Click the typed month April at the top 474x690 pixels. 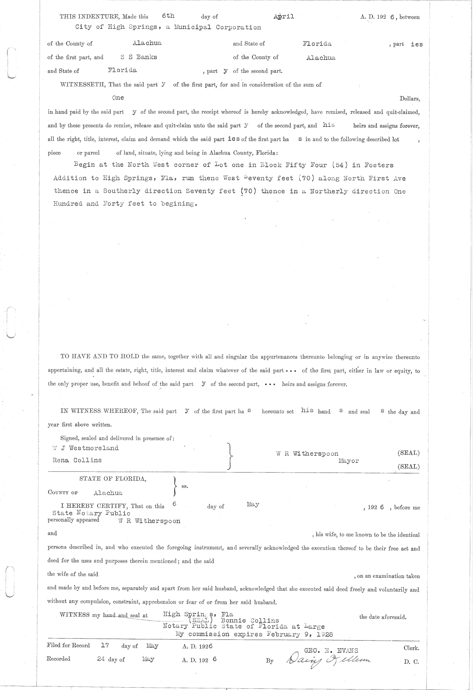284,16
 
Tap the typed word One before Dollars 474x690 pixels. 118,98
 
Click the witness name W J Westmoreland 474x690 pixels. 86,448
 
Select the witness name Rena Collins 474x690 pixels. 77,460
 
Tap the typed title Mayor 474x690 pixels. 348,461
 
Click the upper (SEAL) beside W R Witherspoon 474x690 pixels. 408,453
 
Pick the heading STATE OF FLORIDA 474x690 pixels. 113,479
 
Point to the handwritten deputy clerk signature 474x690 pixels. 329,659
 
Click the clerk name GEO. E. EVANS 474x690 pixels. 331,650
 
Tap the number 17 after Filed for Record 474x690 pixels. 105,645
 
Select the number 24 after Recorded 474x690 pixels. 102,659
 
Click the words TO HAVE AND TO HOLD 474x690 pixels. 100,356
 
